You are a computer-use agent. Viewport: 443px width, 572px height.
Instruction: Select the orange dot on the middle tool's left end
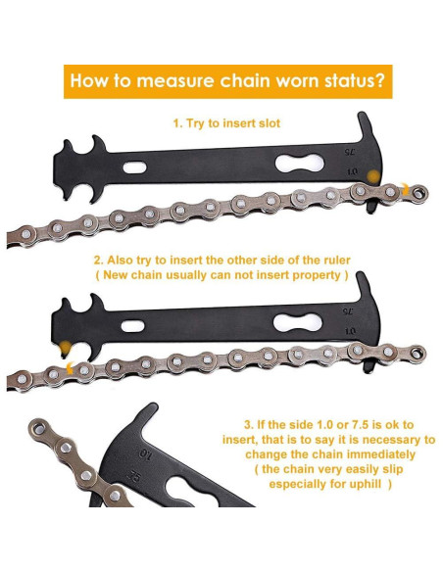tap(65, 350)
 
